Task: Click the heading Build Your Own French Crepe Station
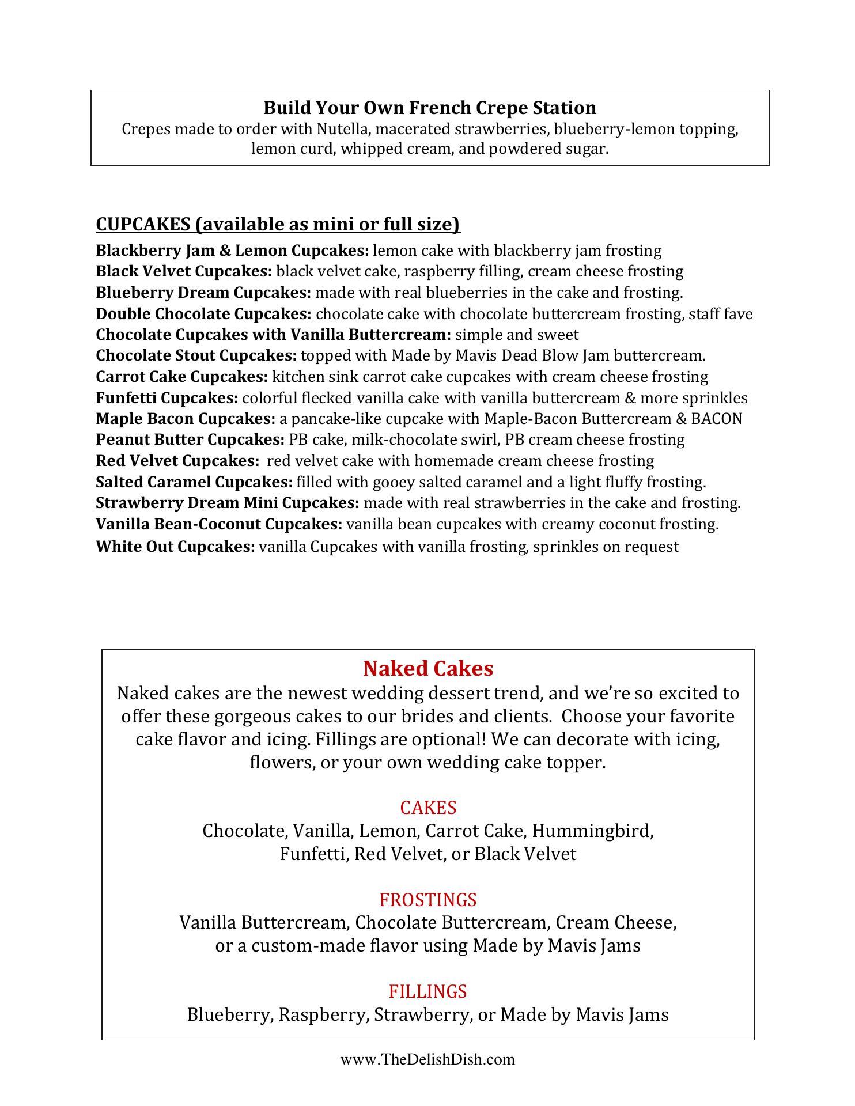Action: pyautogui.click(x=430, y=108)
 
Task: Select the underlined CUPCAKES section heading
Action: pyautogui.click(x=278, y=224)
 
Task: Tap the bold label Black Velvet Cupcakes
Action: pyautogui.click(x=184, y=271)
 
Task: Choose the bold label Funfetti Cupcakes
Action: pyautogui.click(x=167, y=398)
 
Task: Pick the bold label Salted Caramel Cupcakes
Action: pyautogui.click(x=194, y=482)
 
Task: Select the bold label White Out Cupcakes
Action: pyautogui.click(x=175, y=547)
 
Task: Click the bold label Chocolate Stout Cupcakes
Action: pyautogui.click(x=196, y=355)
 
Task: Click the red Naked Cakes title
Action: pyautogui.click(x=428, y=668)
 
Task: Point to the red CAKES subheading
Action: pyautogui.click(x=428, y=808)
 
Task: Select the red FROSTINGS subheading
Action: pyautogui.click(x=428, y=899)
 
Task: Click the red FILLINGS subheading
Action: pyautogui.click(x=428, y=991)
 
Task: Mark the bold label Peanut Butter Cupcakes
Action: pyautogui.click(x=190, y=440)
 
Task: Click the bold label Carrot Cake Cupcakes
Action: pyautogui.click(x=182, y=377)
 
